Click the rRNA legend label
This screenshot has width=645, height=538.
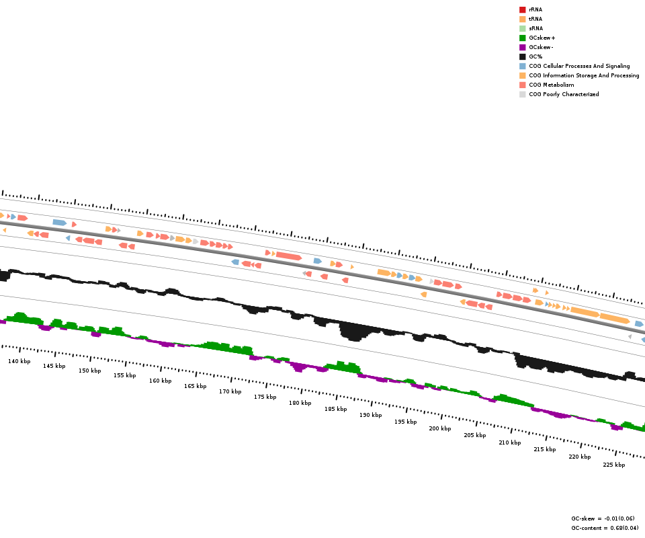[x=535, y=9]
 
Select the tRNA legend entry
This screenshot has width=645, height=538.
[x=535, y=19]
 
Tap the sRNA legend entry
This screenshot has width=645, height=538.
[x=535, y=28]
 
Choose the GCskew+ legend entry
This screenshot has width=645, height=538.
[x=542, y=38]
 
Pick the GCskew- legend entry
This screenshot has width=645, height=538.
[x=541, y=47]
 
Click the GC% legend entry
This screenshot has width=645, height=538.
[x=536, y=56]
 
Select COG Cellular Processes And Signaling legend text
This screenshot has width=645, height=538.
[x=579, y=66]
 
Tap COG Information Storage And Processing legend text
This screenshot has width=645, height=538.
[x=584, y=75]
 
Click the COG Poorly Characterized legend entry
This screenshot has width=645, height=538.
[x=564, y=94]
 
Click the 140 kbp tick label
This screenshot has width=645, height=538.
[x=19, y=361]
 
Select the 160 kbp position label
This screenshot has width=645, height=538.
[x=160, y=381]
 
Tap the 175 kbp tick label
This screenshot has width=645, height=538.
[x=265, y=397]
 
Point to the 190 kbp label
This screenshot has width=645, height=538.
[x=370, y=415]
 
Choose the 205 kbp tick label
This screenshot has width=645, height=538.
[x=474, y=435]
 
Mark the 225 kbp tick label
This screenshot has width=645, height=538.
[x=613, y=465]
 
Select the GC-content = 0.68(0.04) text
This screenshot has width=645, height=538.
[x=605, y=528]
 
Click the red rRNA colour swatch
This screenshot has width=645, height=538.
[x=522, y=9]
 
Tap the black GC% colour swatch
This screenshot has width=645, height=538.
[x=522, y=56]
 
